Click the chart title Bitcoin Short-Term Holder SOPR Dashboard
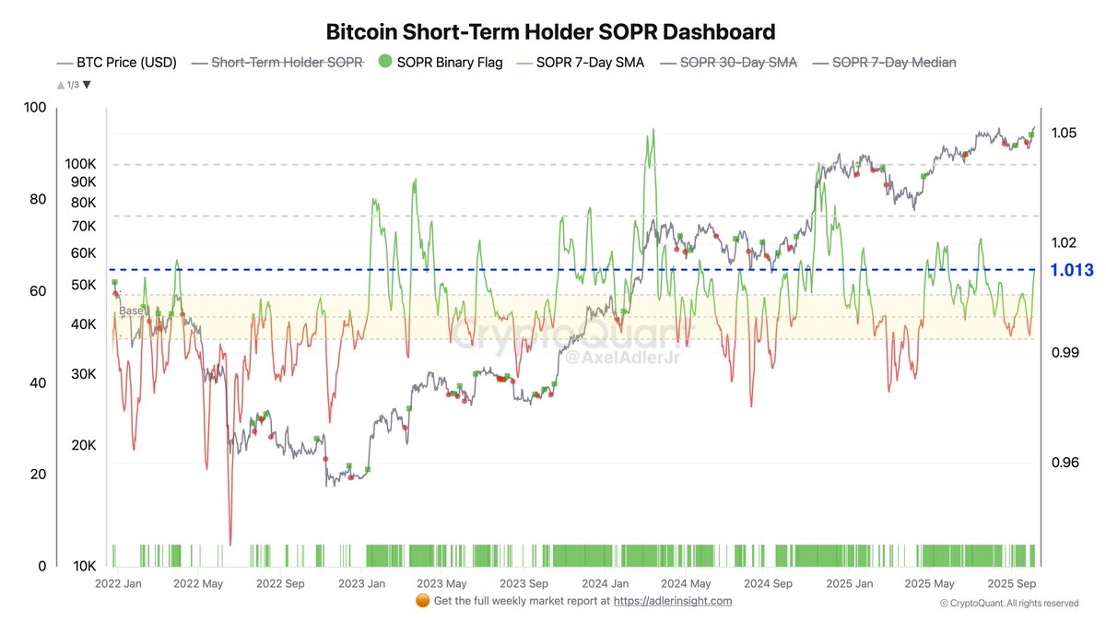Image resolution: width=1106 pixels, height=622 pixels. point(550,32)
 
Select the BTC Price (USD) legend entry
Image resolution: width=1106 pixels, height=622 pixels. point(124,63)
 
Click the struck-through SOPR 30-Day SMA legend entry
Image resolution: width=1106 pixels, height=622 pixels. point(738,63)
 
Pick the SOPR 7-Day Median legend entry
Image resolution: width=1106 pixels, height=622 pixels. point(894,63)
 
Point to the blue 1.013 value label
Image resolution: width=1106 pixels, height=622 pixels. point(1071,270)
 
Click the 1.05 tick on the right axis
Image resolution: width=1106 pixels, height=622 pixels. point(1063,134)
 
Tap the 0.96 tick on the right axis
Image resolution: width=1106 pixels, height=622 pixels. point(1063,463)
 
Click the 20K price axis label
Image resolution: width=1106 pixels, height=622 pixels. point(83,445)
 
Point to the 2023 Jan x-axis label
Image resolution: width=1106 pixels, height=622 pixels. point(361,583)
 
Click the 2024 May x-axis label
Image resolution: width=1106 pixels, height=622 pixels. point(687,583)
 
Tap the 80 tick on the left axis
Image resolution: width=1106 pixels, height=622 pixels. point(36,199)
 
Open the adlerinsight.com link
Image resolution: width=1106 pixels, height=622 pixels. point(673,601)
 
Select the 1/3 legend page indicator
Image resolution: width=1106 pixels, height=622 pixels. point(74,85)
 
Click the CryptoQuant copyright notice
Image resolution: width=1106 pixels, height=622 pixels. point(1009,604)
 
